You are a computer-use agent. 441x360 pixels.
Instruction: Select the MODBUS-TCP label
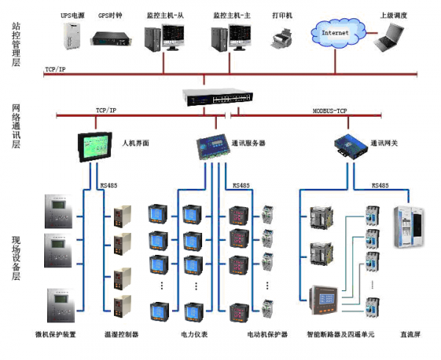[330, 109]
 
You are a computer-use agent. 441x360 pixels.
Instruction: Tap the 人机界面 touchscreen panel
[96, 145]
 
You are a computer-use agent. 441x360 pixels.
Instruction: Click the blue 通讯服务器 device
[212, 145]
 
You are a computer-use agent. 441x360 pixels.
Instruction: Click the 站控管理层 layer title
[16, 44]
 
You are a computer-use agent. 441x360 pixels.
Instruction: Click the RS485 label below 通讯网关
[380, 186]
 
